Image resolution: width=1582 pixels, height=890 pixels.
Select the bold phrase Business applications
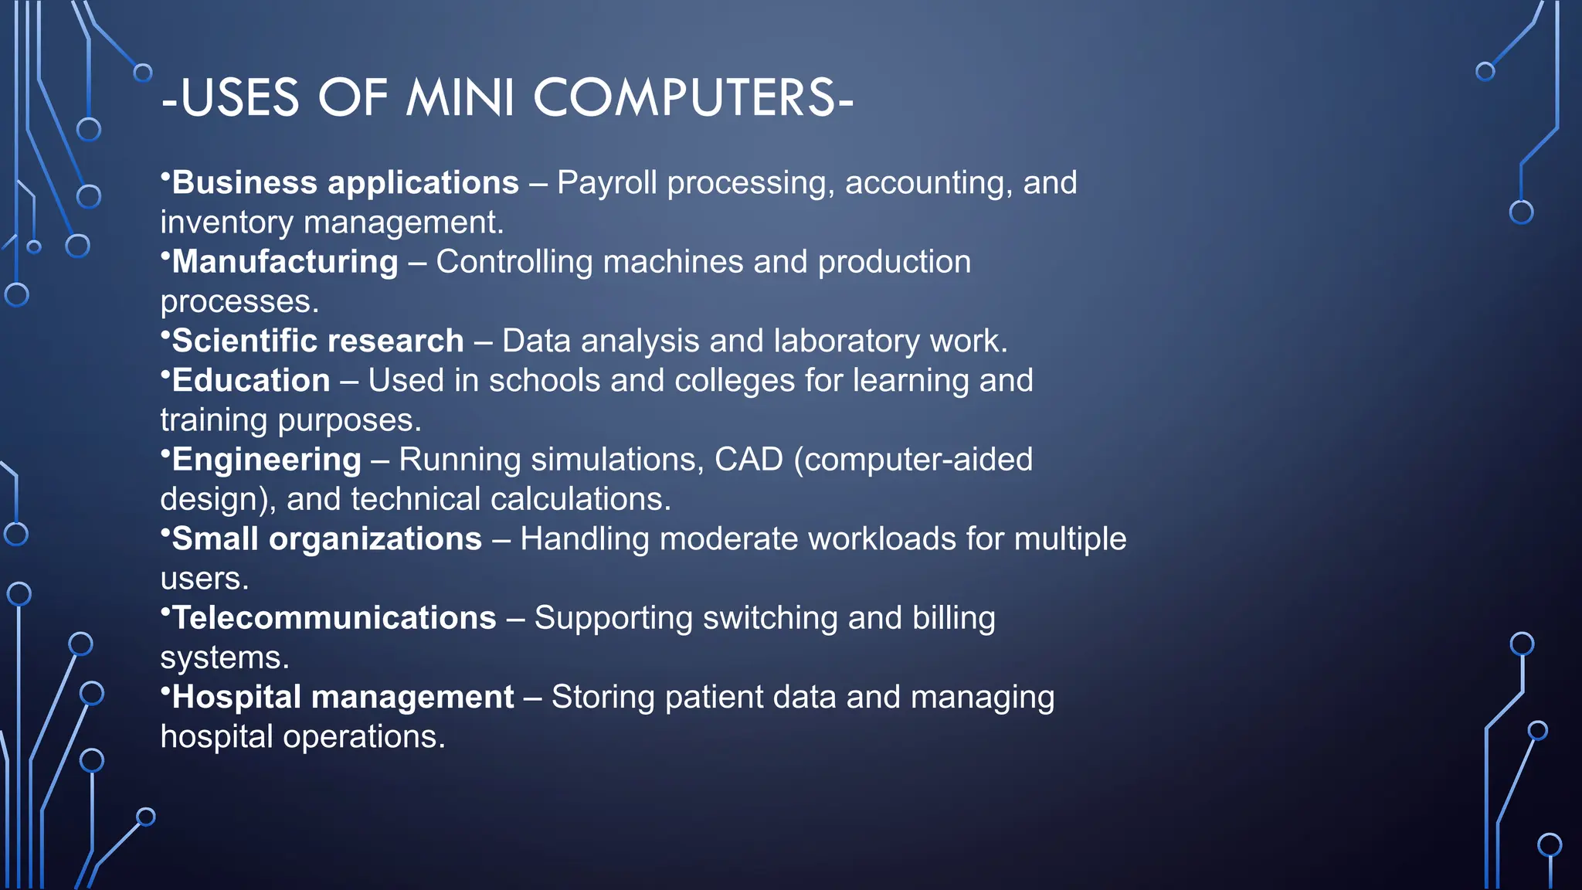(x=345, y=183)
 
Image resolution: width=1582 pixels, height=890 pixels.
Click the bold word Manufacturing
(x=285, y=262)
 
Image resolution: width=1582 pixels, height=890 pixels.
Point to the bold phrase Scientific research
(x=317, y=341)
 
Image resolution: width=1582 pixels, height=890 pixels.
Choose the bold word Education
(x=251, y=381)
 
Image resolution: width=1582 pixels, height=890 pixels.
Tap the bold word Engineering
(x=266, y=460)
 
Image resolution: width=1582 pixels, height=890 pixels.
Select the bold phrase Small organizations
(x=327, y=539)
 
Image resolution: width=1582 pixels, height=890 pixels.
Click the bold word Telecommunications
(x=334, y=618)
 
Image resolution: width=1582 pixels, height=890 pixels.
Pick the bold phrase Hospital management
(x=342, y=697)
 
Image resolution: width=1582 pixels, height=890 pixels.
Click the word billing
(x=953, y=618)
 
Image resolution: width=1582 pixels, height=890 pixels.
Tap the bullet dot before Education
(x=165, y=373)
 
